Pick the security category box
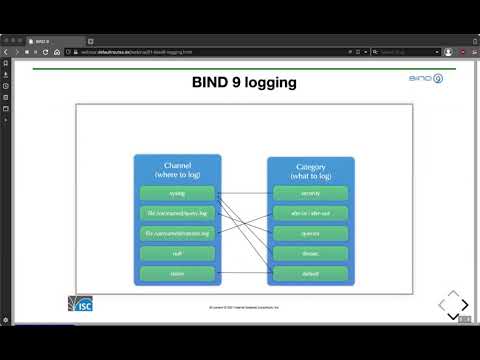click(x=310, y=193)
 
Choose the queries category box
click(x=310, y=233)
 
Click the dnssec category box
click(x=310, y=253)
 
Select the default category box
click(x=310, y=274)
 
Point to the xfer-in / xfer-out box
click(x=310, y=213)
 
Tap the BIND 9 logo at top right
click(x=427, y=77)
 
